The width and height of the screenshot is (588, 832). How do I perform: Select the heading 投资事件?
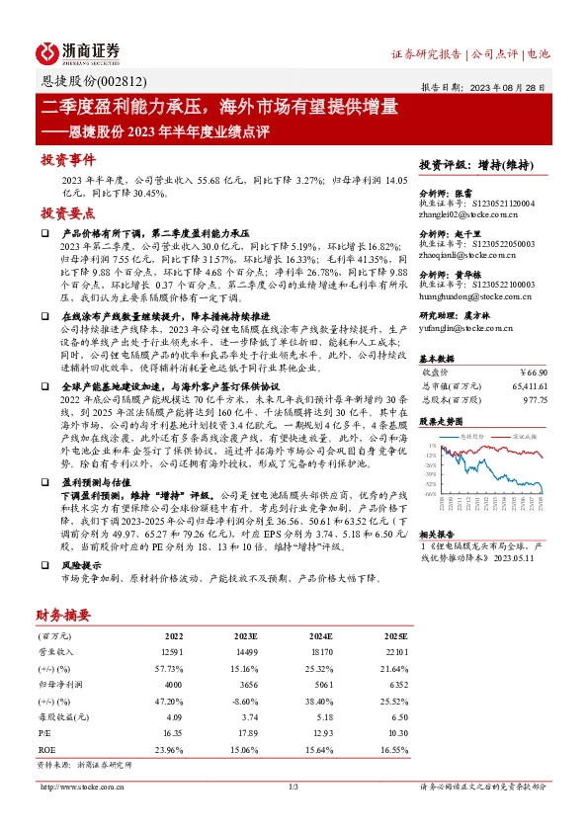[x=67, y=159]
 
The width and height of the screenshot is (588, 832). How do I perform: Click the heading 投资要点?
[x=67, y=212]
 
